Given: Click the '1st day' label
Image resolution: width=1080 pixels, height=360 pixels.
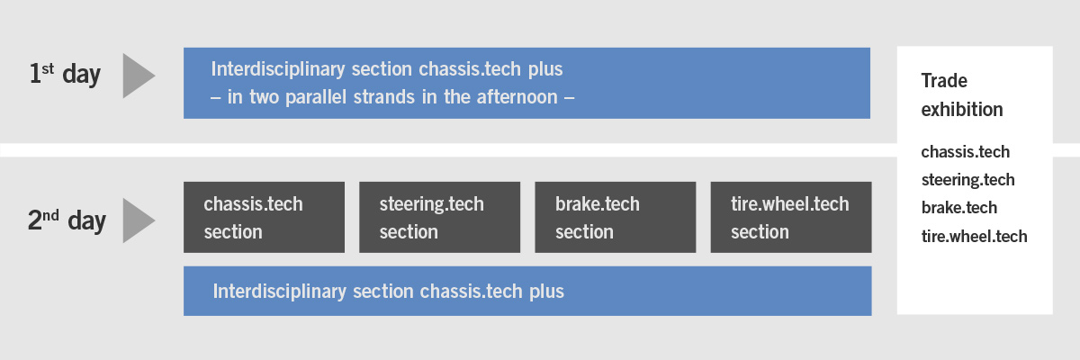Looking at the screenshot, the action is (65, 74).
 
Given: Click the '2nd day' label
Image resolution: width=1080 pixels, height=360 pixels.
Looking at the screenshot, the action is (67, 220).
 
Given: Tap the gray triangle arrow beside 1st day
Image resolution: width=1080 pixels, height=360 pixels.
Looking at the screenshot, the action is (139, 76).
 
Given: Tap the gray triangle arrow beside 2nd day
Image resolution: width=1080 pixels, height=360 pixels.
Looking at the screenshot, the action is (139, 220).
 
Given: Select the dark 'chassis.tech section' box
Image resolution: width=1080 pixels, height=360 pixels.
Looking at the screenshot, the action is (265, 217).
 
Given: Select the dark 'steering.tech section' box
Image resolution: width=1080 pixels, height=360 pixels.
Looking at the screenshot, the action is (440, 217).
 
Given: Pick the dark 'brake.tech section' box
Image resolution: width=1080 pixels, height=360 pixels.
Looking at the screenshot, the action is (616, 217).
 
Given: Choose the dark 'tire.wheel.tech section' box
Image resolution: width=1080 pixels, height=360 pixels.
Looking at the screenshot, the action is (791, 217).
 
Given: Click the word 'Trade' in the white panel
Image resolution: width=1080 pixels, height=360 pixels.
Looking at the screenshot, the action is (944, 80).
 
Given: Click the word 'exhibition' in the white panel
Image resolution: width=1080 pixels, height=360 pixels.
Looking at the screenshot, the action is (962, 110).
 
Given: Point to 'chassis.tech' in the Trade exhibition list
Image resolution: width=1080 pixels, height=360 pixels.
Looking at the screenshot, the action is (965, 152).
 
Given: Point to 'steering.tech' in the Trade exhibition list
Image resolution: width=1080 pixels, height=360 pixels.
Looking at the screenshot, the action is (967, 180).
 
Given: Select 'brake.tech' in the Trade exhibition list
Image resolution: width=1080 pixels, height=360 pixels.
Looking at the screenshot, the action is (959, 208).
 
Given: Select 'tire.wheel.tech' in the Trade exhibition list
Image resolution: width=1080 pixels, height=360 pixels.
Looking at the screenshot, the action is (974, 236).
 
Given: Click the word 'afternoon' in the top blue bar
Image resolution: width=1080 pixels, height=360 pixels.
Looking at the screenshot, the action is (517, 97).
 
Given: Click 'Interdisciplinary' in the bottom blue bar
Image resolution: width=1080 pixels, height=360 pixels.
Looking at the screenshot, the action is (280, 292).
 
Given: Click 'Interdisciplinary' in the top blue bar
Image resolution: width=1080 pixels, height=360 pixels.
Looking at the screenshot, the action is (278, 69).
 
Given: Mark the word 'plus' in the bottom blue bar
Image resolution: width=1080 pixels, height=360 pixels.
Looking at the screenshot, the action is (546, 292).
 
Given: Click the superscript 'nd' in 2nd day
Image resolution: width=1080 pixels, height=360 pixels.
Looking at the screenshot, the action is (50, 215).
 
